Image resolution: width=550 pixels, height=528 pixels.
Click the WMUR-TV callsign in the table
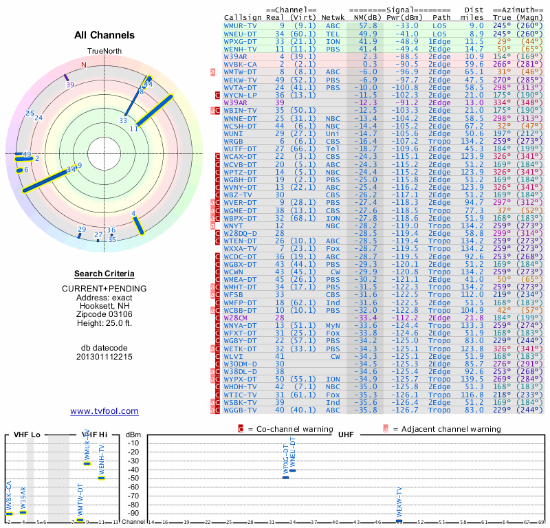click(241, 25)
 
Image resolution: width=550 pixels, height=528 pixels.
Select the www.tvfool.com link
click(104, 411)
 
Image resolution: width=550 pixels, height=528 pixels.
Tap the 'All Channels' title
click(104, 35)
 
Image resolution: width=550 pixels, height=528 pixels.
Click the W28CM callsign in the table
click(236, 318)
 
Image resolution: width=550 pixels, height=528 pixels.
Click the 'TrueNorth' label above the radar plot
click(104, 52)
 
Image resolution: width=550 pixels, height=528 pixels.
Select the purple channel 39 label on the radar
click(70, 85)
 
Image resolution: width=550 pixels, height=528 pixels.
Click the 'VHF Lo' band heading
click(26, 434)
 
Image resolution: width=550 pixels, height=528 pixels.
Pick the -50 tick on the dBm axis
click(133, 478)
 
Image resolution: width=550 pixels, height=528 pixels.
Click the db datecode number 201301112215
click(104, 357)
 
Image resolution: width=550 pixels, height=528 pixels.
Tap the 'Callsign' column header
click(243, 17)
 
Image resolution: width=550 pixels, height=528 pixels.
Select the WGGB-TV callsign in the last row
click(241, 410)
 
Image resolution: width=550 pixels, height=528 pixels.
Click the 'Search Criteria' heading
click(104, 274)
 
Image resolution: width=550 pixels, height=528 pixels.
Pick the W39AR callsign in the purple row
click(236, 102)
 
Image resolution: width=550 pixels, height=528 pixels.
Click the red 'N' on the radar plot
click(84, 65)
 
